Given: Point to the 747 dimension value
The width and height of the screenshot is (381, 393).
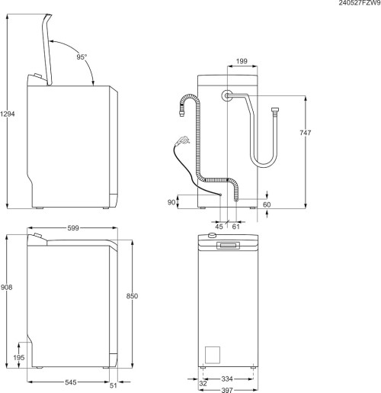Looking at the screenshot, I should [305, 133].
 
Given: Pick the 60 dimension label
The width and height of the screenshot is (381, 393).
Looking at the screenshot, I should [267, 205].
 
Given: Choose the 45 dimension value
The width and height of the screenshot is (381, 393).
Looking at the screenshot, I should [219, 226].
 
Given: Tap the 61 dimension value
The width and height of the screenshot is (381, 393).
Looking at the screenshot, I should [235, 226].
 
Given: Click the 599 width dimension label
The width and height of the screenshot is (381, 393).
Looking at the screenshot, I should [73, 227].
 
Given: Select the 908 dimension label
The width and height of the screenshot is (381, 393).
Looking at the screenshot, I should [8, 288].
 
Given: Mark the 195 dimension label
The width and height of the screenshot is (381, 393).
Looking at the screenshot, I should [20, 358].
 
